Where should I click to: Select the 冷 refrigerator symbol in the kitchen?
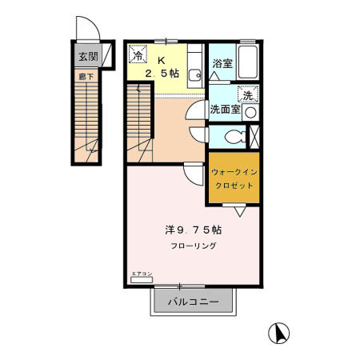(x=138, y=55)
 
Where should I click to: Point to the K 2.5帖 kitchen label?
(x=161, y=67)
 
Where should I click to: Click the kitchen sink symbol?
(x=194, y=77)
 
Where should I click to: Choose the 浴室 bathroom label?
(x=222, y=64)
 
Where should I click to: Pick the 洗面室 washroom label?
(x=225, y=109)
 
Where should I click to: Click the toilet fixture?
(x=232, y=137)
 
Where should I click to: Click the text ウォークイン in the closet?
(x=234, y=171)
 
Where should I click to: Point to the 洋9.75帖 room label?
(x=192, y=230)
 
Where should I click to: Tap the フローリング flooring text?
(x=192, y=246)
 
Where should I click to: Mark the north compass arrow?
(x=282, y=330)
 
